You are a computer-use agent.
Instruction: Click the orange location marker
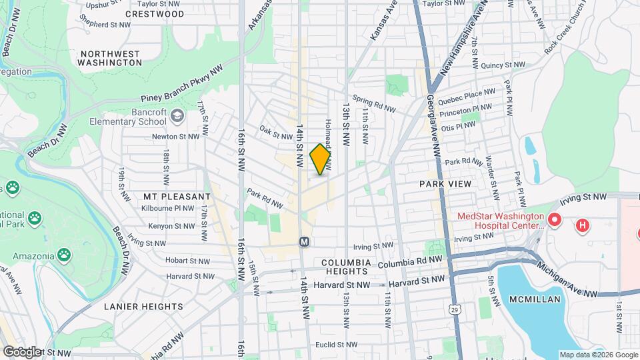click(320, 159)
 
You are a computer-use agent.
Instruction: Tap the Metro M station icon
click(304, 241)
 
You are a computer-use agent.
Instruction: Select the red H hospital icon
click(583, 225)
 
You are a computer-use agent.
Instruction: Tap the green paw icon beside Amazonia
click(63, 254)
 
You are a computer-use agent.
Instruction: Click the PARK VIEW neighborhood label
click(445, 183)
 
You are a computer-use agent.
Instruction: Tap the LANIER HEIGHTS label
click(143, 307)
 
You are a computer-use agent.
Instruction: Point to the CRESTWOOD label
click(155, 13)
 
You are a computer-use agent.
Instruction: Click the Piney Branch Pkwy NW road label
click(186, 85)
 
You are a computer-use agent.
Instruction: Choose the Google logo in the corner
click(21, 351)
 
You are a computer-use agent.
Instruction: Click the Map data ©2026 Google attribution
click(598, 355)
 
